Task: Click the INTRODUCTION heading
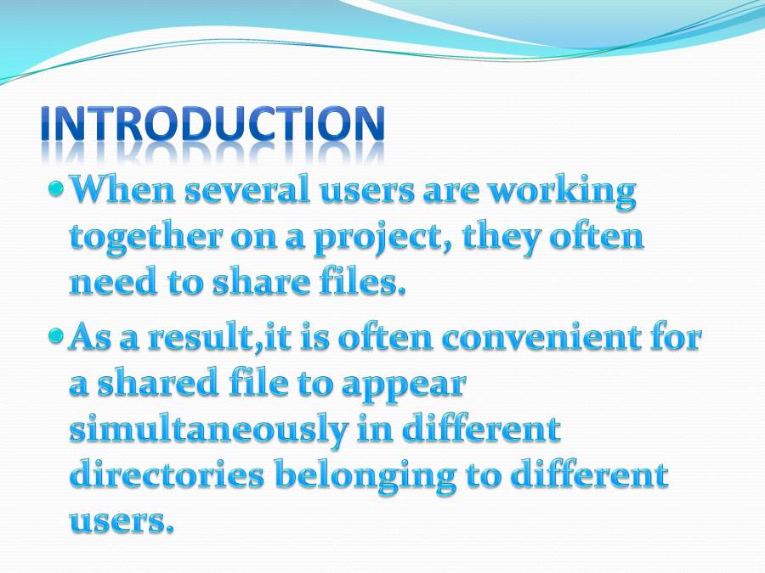212,126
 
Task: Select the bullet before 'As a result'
56,336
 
